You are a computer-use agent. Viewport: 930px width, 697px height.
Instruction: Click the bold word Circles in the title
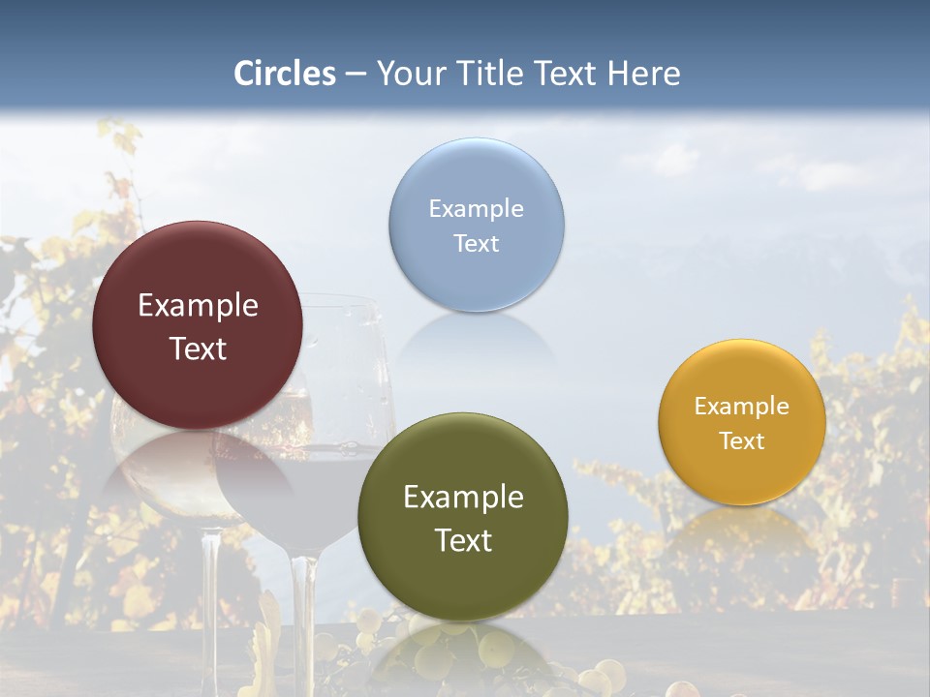284,74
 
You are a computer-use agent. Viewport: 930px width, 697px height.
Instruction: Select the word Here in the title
643,74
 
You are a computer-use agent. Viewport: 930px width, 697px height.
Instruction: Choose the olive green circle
462,581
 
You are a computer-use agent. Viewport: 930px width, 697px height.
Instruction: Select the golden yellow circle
741,474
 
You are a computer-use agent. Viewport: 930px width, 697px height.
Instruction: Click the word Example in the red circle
198,305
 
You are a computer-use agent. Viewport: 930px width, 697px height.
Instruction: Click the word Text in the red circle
198,348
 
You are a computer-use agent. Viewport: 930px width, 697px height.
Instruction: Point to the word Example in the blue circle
476,208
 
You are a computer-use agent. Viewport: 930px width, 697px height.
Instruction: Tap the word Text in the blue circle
476,243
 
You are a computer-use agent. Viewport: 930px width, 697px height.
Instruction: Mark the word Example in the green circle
463,497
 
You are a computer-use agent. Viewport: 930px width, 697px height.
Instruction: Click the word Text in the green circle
463,540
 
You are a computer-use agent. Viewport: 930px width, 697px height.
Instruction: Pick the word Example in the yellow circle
741,406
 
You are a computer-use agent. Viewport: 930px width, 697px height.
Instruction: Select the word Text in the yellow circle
741,440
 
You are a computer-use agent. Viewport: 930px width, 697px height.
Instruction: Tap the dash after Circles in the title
355,75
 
